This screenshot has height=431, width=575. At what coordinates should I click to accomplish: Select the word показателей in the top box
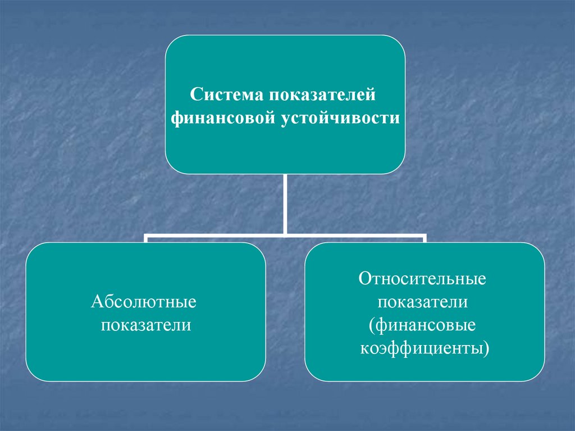point(319,94)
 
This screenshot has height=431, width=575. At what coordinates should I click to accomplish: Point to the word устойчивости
point(340,119)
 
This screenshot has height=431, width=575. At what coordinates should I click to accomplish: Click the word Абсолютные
point(144,302)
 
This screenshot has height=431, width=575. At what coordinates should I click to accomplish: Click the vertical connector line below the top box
point(285,202)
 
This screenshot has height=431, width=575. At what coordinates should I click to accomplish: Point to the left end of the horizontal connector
point(145,237)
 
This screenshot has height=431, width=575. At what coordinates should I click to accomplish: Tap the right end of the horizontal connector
point(425,237)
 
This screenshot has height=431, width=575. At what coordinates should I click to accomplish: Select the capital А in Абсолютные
point(96,302)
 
